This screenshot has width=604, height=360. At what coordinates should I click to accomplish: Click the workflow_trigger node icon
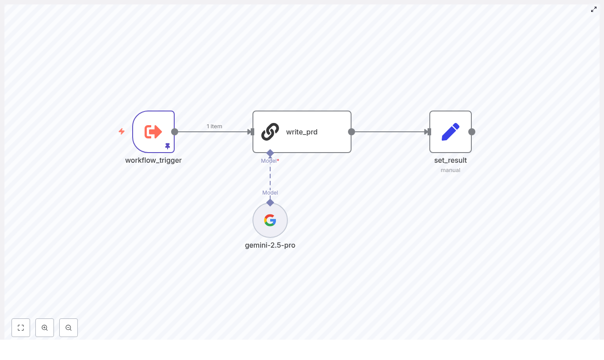coord(153,132)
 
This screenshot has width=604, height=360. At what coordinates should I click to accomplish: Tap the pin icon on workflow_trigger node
coord(168,146)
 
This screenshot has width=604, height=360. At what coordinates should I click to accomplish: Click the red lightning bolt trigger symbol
coord(122,131)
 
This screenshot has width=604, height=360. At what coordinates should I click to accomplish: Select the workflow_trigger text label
coord(153,160)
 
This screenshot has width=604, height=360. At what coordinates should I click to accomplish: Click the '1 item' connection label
coord(214,126)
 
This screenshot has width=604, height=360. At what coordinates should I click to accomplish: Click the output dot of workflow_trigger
coord(175,132)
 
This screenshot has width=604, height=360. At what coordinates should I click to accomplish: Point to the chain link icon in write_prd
coord(270,132)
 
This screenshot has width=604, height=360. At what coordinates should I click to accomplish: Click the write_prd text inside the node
coord(302,132)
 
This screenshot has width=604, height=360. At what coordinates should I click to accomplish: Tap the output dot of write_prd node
coord(352,132)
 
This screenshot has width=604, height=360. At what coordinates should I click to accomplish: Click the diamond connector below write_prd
coord(270,153)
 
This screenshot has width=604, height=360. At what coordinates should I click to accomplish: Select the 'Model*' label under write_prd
coord(270,161)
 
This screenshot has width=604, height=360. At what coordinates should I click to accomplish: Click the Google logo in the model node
coord(270,220)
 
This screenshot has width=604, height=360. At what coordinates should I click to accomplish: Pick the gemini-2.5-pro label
coord(270,245)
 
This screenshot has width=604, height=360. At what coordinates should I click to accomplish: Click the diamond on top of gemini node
coord(270,203)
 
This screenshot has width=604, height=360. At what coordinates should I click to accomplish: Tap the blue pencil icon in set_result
coord(451,132)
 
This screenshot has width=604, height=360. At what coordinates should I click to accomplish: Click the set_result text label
coord(451,160)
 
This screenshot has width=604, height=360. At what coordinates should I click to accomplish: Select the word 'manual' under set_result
coord(451,170)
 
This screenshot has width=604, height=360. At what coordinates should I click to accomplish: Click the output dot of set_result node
coord(472,132)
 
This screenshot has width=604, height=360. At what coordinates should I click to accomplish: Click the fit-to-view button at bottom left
coord(21,328)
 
